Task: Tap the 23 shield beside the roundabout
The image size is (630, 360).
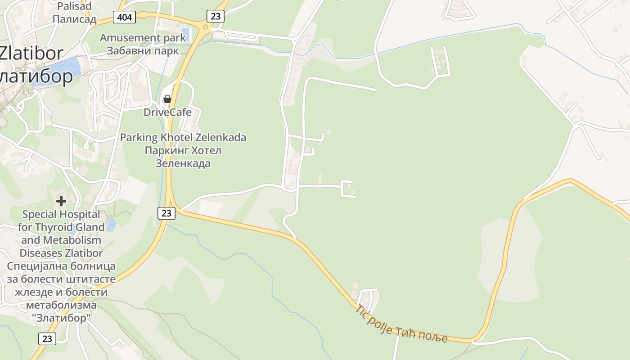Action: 216,16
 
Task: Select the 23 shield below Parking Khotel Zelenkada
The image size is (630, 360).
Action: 166,213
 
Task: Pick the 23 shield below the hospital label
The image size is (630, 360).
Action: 47,338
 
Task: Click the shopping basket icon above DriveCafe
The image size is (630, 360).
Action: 167,99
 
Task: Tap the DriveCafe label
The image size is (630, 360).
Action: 167,112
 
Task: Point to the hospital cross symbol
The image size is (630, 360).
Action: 61,201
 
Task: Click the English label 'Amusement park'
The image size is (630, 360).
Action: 143,38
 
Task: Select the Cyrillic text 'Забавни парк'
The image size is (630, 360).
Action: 143,50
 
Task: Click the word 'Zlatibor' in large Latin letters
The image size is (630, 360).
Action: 31,53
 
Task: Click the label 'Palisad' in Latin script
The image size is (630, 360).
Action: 75,6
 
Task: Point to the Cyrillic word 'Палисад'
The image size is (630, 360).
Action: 75,19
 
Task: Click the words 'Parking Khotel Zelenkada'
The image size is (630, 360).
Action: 183,137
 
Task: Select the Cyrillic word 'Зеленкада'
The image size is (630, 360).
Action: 183,163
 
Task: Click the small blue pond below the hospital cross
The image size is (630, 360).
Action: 111,224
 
